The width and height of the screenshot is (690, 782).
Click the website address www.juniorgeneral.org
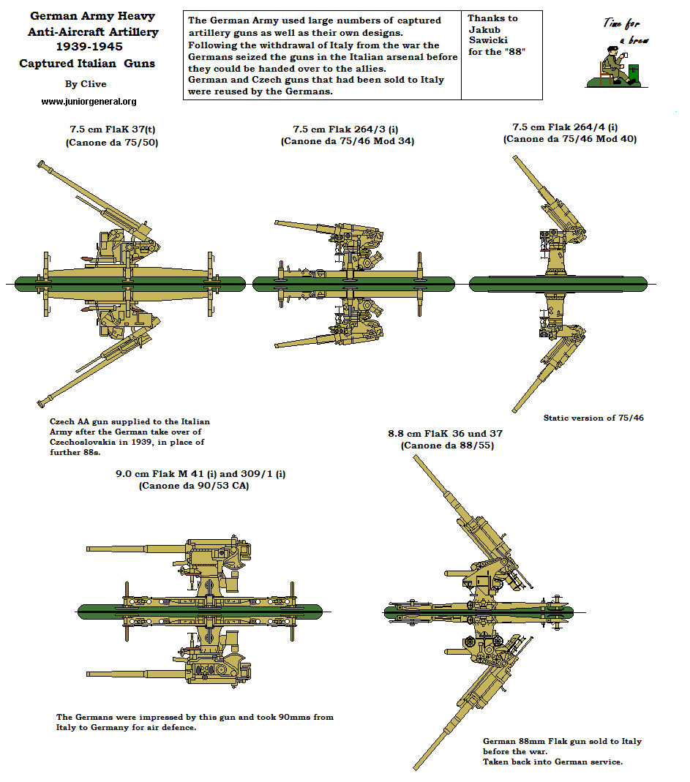pos(89,102)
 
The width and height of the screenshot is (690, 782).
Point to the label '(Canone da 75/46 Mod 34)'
pos(347,141)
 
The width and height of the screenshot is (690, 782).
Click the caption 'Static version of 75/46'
pos(593,418)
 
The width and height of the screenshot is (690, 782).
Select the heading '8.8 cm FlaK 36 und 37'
pos(445,433)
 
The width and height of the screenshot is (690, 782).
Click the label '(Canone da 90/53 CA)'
pos(193,485)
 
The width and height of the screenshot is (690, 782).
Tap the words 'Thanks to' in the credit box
pos(492,18)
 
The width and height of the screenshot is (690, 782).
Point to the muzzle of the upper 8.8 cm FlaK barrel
pos(416,459)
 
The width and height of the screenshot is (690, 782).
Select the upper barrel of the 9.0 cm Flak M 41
pos(135,548)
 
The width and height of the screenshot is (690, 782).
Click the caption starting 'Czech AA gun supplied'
pos(130,422)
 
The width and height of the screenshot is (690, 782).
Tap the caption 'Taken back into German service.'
pos(552,762)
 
